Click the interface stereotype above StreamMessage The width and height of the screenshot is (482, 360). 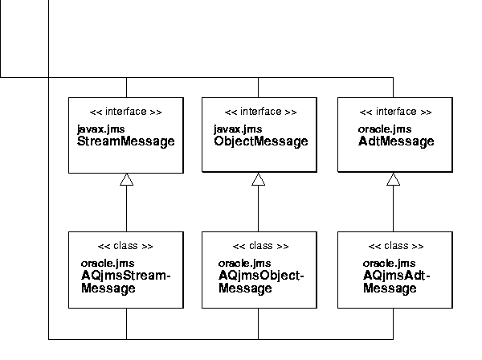[x=125, y=112]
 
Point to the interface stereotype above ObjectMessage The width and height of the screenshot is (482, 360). [x=260, y=112]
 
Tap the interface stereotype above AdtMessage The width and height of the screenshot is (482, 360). [x=395, y=112]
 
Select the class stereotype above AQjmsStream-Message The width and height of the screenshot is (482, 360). [x=125, y=246]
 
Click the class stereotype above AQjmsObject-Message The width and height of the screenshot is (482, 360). [x=260, y=246]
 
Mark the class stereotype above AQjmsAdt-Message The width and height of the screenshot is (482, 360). [x=396, y=246]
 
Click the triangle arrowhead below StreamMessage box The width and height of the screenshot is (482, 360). [x=126, y=180]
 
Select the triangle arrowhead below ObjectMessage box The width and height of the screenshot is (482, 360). [x=258, y=180]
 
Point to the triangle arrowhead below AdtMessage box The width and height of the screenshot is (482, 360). [x=393, y=180]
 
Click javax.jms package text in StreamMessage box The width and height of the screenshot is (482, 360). [x=100, y=129]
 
